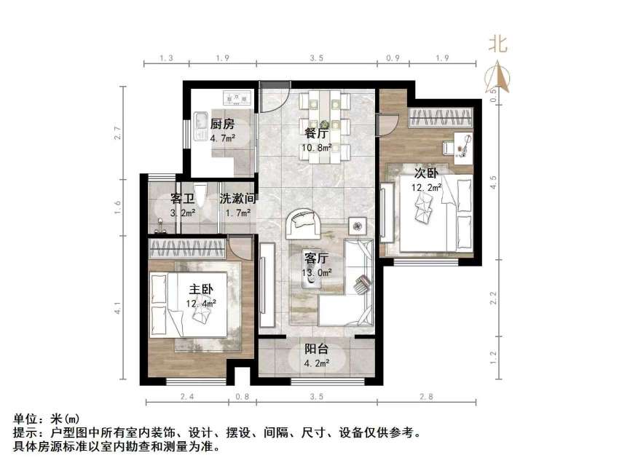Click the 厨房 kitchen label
click(222, 124)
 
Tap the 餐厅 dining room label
click(316, 133)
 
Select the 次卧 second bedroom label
click(426, 173)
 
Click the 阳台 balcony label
click(316, 349)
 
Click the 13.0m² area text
click(317, 273)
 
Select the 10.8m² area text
click(317, 148)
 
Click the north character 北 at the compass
click(498, 44)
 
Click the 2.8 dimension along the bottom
click(426, 397)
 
